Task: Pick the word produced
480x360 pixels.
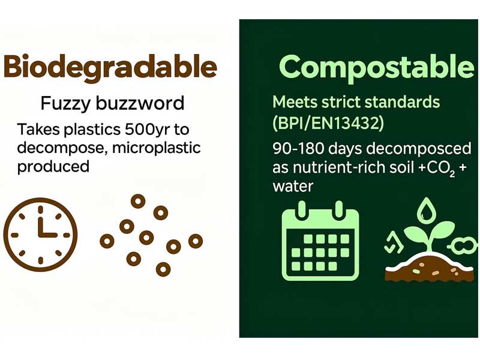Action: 53,166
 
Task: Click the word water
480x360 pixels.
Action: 293,186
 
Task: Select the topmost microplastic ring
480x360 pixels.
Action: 138,202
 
